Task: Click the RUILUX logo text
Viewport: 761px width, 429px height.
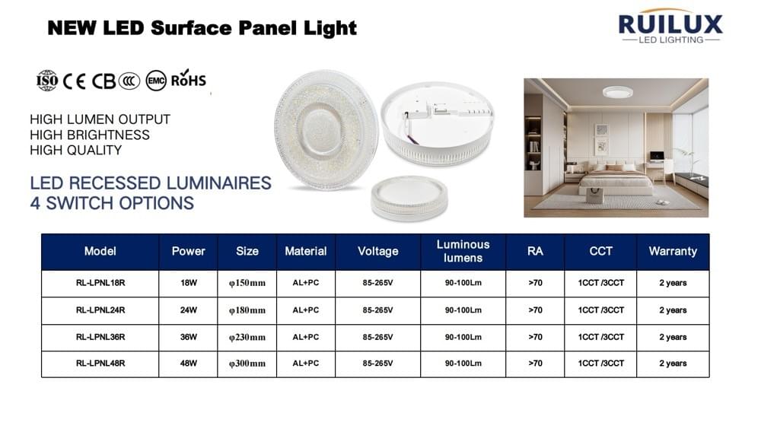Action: click(x=670, y=24)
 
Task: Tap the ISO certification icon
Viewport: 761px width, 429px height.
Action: click(x=47, y=81)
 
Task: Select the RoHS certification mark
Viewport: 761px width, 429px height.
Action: click(x=188, y=78)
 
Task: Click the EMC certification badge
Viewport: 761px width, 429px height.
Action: click(x=156, y=81)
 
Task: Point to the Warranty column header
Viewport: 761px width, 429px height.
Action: click(x=673, y=251)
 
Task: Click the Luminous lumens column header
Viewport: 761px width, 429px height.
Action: click(x=463, y=251)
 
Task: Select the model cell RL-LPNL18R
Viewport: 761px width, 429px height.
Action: click(x=100, y=283)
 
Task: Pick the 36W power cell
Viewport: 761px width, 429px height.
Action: click(x=189, y=337)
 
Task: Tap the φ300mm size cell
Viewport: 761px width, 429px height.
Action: click(x=247, y=364)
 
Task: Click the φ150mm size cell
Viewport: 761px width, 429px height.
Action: click(x=247, y=283)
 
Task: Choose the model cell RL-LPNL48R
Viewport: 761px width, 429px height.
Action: click(x=100, y=364)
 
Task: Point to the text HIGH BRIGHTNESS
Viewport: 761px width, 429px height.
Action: click(x=90, y=135)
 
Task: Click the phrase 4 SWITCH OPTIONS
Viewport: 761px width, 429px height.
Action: click(x=112, y=203)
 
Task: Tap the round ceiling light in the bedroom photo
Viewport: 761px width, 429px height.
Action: click(x=617, y=92)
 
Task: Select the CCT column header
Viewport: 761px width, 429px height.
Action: click(x=600, y=251)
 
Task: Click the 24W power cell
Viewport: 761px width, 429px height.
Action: click(x=189, y=310)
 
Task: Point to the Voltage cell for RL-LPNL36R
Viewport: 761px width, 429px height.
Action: click(x=377, y=337)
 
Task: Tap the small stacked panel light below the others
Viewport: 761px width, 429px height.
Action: click(x=409, y=198)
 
